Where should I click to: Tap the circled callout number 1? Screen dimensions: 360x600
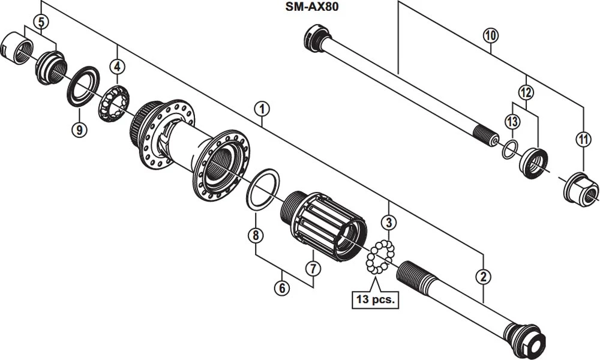(261, 109)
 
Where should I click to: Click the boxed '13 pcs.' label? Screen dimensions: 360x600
(375, 299)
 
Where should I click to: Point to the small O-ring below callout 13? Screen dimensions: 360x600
(509, 149)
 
